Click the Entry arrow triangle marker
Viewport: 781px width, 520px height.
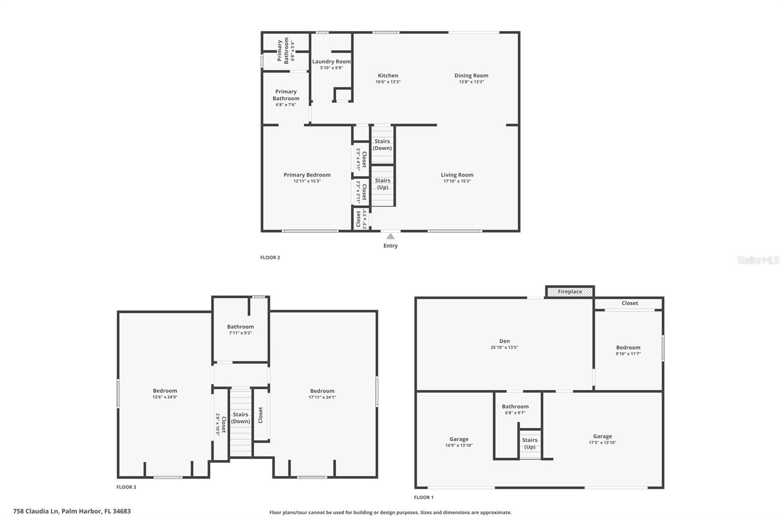[390, 237]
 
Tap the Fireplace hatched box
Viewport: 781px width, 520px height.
[570, 292]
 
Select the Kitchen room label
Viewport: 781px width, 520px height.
[388, 76]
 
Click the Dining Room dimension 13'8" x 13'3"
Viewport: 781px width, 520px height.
[471, 82]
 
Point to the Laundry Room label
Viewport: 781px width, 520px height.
[331, 61]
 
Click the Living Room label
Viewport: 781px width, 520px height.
[457, 175]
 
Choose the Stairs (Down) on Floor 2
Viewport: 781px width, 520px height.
[382, 145]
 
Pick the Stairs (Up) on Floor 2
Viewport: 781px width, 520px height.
[382, 184]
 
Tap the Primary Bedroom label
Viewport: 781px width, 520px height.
[307, 175]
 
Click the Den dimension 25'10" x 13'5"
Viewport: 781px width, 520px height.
[504, 348]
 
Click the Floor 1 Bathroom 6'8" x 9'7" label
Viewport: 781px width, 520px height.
[515, 406]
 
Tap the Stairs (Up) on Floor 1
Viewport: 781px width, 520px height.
[530, 443]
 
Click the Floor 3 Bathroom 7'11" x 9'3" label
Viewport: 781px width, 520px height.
[240, 327]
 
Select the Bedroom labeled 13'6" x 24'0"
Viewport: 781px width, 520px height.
[165, 391]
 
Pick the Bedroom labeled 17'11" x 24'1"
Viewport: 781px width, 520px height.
[322, 391]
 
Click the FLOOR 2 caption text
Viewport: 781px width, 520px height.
[270, 258]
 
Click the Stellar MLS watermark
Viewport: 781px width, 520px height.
[758, 260]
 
